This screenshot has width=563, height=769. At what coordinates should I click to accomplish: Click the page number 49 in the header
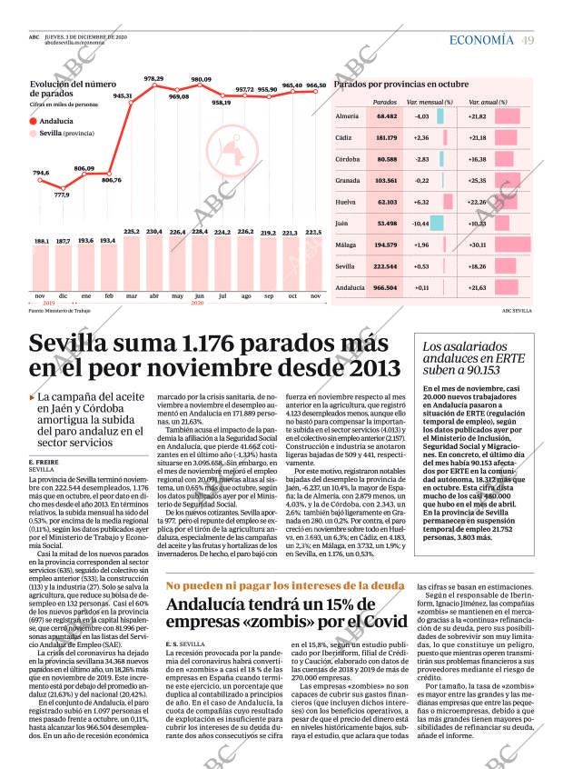point(528,40)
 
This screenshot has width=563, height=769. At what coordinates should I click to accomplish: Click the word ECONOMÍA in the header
point(481,40)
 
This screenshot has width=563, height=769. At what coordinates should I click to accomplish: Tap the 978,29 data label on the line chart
point(153,79)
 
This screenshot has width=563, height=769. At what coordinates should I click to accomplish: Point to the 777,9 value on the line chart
point(62,194)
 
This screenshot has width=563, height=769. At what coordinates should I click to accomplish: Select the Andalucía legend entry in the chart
point(56,120)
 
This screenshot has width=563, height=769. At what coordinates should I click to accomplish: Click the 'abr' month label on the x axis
point(153,296)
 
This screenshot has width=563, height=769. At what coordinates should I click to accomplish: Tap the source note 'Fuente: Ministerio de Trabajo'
point(64,311)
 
